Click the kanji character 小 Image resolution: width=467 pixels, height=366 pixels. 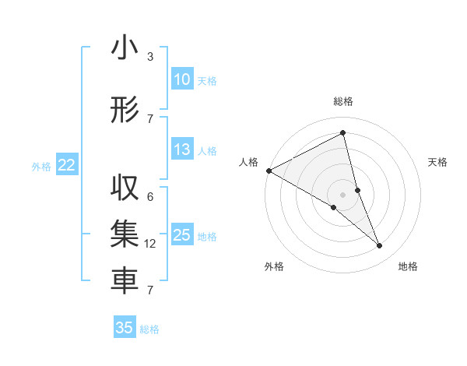point(125,48)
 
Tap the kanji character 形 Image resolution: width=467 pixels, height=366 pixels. point(125,111)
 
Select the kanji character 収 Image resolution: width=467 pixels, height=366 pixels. point(125,189)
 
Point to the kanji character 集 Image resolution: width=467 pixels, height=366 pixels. point(125,235)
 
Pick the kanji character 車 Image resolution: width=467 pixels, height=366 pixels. point(125,282)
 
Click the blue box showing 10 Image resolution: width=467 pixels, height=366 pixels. point(181,79)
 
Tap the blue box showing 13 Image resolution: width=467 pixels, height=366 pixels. point(181,150)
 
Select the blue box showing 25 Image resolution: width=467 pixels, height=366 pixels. point(181,235)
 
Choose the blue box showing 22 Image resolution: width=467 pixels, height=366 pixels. point(66,165)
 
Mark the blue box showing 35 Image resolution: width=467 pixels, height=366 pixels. point(125,328)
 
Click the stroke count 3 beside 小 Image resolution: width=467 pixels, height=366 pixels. point(149,57)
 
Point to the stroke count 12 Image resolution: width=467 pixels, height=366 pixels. point(150,244)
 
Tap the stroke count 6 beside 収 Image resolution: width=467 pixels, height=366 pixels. point(149,197)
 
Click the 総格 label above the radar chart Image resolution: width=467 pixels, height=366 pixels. point(343,101)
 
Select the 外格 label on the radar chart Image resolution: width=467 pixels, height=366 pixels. point(274,266)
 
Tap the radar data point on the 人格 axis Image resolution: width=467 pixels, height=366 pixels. point(269,171)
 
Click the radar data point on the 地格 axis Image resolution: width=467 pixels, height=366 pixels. point(380,246)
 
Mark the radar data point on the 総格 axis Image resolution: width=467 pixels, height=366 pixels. point(343,132)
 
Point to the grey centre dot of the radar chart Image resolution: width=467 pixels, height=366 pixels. point(343,193)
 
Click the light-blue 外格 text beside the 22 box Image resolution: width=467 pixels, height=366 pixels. point(41,166)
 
